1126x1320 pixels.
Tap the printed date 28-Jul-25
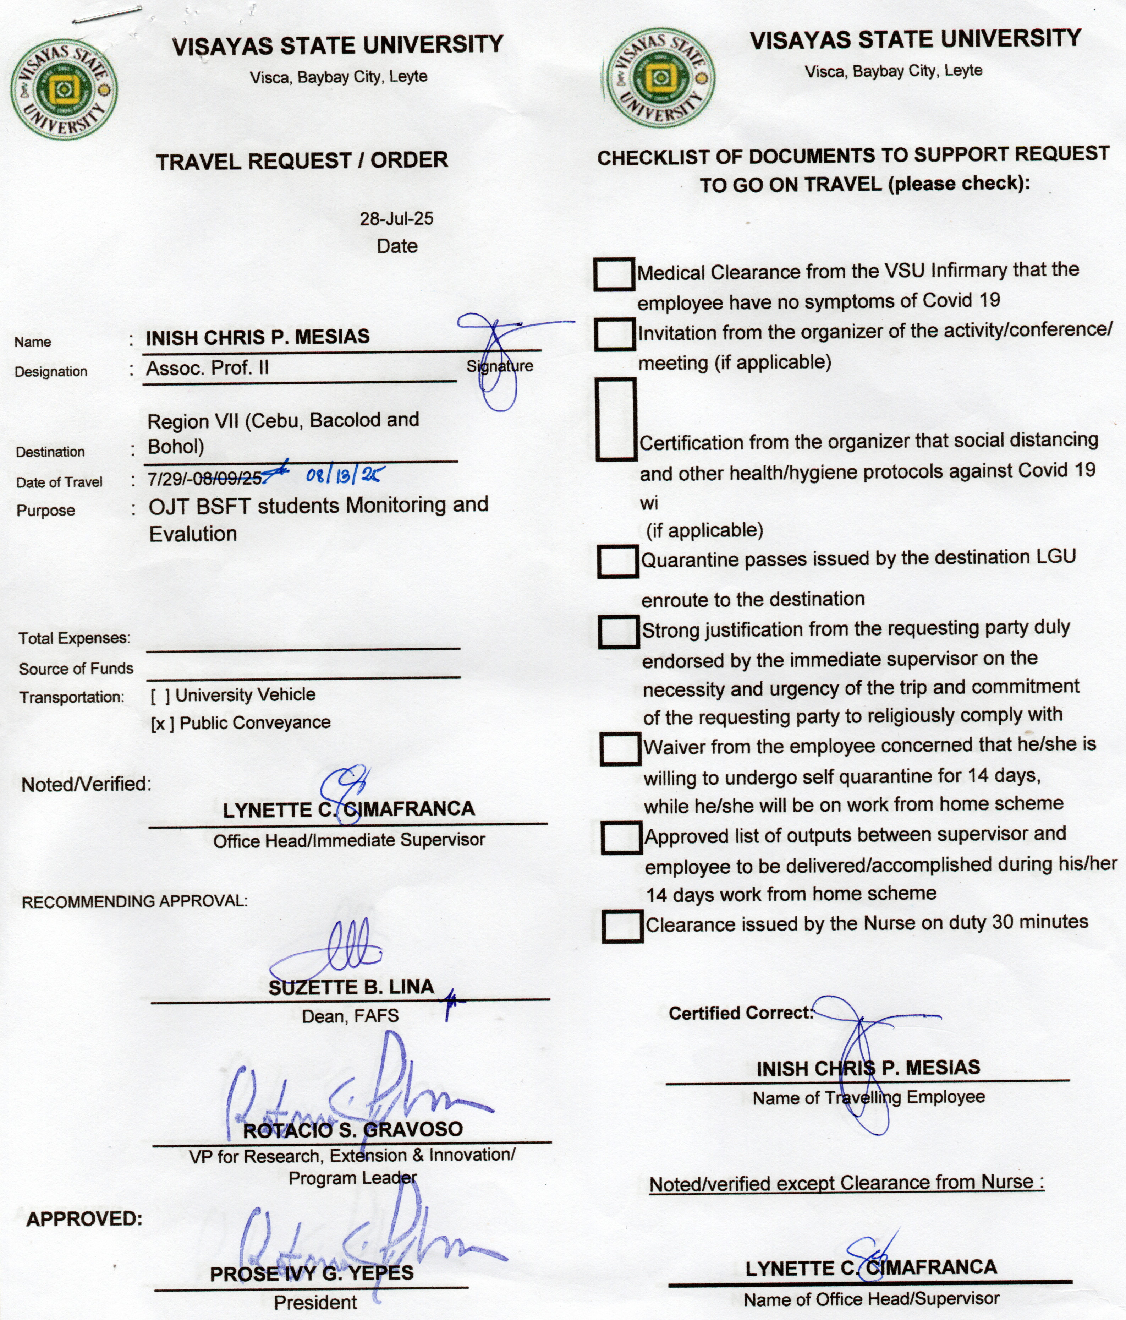396,218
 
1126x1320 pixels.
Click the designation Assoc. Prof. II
208,368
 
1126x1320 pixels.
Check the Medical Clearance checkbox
614,274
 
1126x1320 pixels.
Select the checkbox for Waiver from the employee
620,748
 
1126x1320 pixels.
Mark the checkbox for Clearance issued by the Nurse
622,926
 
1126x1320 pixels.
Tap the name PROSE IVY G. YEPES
312,1273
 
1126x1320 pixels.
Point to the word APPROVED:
84,1219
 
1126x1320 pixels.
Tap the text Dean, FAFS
350,1016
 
